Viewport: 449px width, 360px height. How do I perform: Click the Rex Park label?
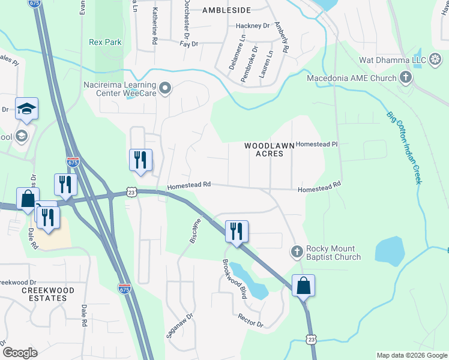(105, 42)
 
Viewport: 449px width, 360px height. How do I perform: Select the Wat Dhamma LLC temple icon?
(435, 61)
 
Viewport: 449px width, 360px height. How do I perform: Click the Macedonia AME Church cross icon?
(406, 78)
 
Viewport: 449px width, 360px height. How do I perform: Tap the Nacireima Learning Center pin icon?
(166, 89)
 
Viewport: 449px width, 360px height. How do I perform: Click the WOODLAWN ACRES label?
(264, 149)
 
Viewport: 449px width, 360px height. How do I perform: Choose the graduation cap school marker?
(26, 109)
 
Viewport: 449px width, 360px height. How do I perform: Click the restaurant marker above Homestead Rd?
(140, 160)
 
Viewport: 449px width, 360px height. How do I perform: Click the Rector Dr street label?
(250, 320)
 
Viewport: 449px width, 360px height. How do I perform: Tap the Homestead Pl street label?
(318, 145)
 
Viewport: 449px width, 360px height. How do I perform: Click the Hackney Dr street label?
(253, 26)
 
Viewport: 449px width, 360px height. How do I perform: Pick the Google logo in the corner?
(20, 353)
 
